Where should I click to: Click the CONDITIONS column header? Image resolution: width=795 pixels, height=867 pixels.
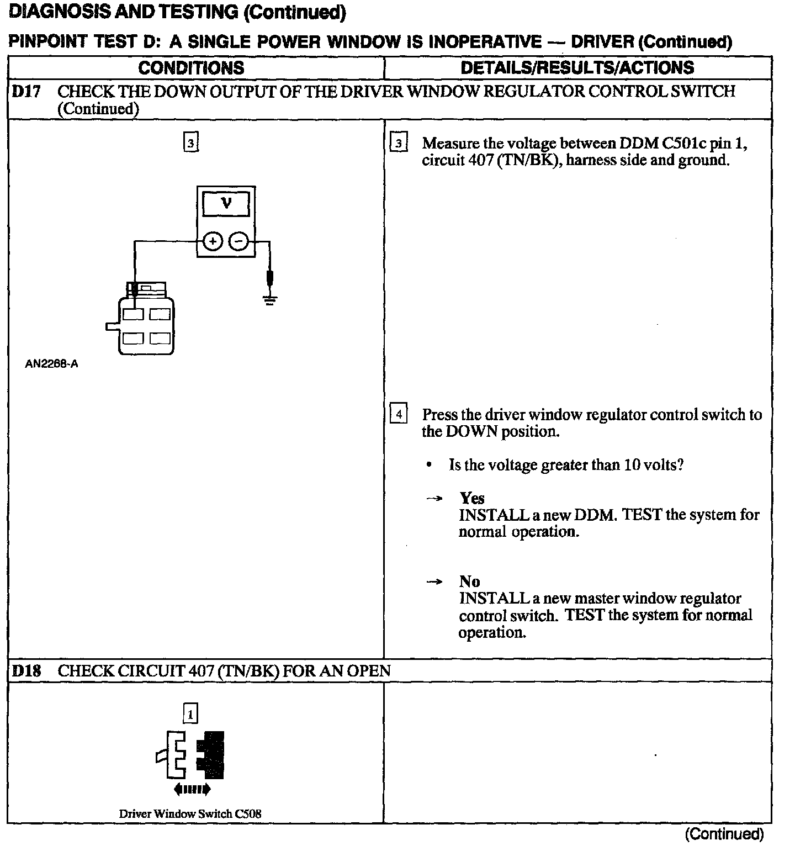click(191, 68)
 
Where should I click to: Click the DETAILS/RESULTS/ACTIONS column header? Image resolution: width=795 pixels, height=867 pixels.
click(577, 68)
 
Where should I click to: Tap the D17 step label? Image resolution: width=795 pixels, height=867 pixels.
click(26, 92)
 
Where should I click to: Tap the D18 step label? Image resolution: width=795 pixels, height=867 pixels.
click(26, 671)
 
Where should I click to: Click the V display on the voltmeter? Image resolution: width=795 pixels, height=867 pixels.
click(226, 204)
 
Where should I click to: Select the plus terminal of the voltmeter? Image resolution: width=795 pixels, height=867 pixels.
click(213, 241)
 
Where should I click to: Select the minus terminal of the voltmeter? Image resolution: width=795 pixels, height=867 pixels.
click(239, 241)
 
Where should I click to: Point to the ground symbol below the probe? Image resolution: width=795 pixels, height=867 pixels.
click(269, 300)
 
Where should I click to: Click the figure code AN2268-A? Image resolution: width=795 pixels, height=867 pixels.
click(51, 364)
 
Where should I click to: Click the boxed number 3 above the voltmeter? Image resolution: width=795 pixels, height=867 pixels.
click(190, 143)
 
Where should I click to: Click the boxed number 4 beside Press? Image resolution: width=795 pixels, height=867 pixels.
click(398, 414)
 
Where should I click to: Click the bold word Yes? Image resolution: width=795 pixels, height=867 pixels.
click(472, 498)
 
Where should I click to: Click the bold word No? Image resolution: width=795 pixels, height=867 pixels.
click(469, 581)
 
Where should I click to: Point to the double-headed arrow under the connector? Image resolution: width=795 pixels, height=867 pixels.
click(192, 790)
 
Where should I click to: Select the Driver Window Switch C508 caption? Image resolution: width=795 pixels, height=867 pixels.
click(190, 813)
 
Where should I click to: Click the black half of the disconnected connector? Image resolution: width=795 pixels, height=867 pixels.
click(211, 755)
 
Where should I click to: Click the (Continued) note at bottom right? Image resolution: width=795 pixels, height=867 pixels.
click(724, 834)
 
